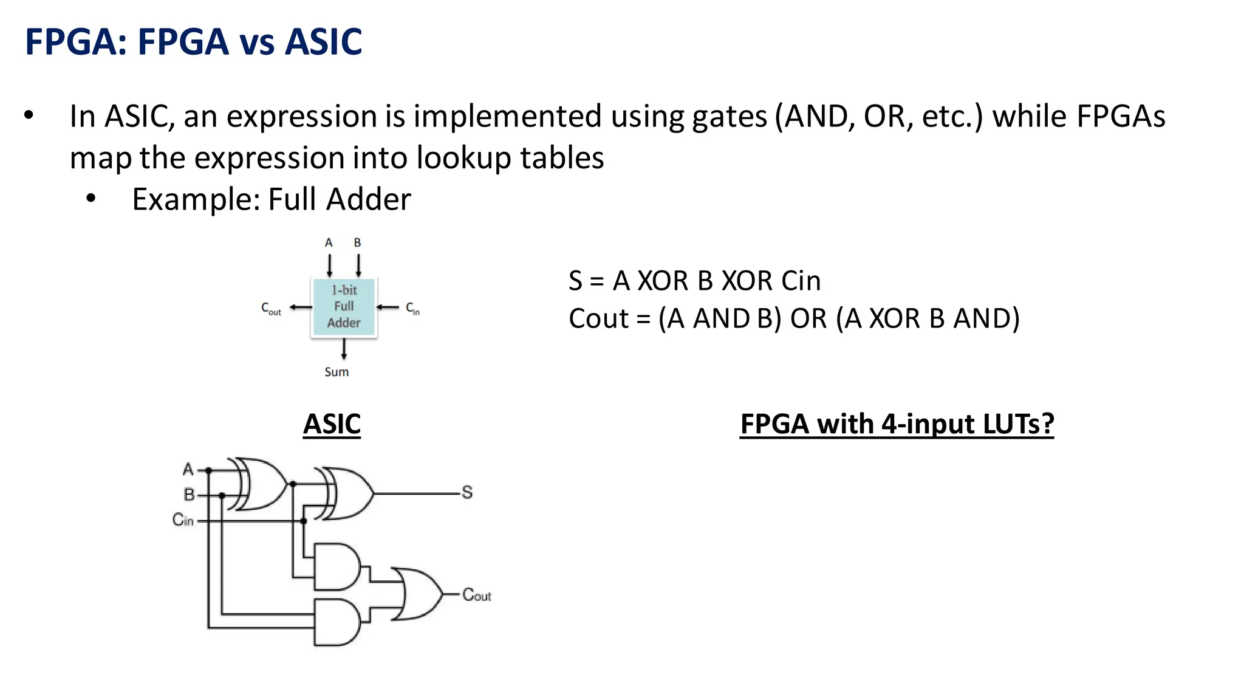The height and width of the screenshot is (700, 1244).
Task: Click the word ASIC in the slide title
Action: tap(323, 42)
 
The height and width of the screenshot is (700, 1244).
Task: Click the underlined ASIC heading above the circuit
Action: tap(332, 424)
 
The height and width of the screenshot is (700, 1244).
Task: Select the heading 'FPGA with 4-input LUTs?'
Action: tap(897, 424)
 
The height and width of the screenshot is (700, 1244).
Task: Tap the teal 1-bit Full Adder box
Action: tap(344, 307)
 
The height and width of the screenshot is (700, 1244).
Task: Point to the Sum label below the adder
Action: tap(337, 372)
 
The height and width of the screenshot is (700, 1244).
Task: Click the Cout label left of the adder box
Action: tap(271, 309)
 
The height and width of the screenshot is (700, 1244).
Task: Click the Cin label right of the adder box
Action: tap(412, 309)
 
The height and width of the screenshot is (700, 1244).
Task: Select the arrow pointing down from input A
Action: tap(329, 266)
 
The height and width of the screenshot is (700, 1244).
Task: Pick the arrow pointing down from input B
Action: tap(358, 266)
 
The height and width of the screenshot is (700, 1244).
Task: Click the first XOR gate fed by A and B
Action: tap(261, 484)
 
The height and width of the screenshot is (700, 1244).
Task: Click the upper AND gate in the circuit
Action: tap(336, 567)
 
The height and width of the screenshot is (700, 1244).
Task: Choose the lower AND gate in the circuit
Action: tap(336, 622)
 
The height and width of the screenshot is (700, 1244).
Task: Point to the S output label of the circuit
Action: tap(466, 492)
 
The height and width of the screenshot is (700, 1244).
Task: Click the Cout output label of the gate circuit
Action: tap(476, 595)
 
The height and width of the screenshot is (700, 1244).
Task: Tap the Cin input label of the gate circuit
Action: tap(183, 520)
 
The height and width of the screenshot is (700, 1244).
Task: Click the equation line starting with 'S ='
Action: tap(694, 281)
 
